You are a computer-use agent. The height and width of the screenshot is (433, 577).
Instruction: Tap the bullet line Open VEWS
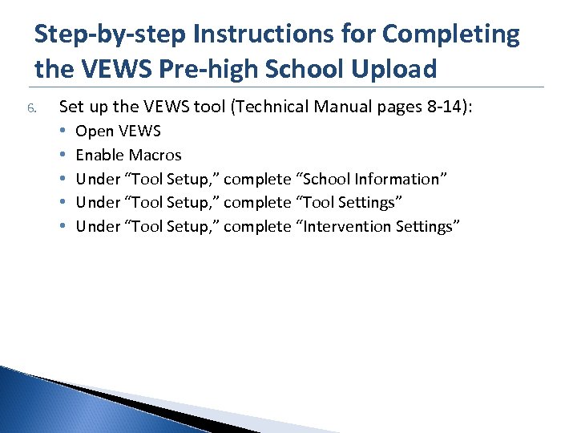tap(118, 132)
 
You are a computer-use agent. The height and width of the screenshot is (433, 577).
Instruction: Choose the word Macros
tap(155, 155)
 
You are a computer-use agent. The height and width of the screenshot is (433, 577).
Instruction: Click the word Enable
tap(99, 155)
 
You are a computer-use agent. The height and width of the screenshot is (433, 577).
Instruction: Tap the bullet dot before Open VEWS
tap(63, 132)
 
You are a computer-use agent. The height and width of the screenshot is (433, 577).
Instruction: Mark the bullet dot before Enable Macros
tap(63, 155)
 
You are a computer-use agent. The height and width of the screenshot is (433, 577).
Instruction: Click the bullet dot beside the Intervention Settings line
tap(63, 226)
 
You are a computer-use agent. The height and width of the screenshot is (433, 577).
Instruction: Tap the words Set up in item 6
tap(80, 107)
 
